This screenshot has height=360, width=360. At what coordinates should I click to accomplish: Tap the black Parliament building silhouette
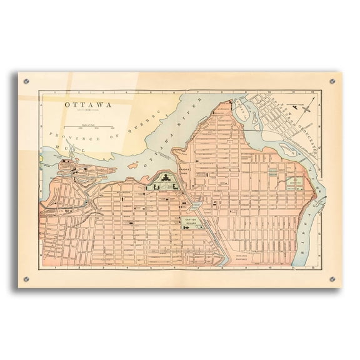[164, 182]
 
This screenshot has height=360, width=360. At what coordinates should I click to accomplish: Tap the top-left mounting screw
[26, 81]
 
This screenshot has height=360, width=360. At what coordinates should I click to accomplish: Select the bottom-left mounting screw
[26, 279]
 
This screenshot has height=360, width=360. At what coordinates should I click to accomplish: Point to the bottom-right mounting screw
[332, 279]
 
